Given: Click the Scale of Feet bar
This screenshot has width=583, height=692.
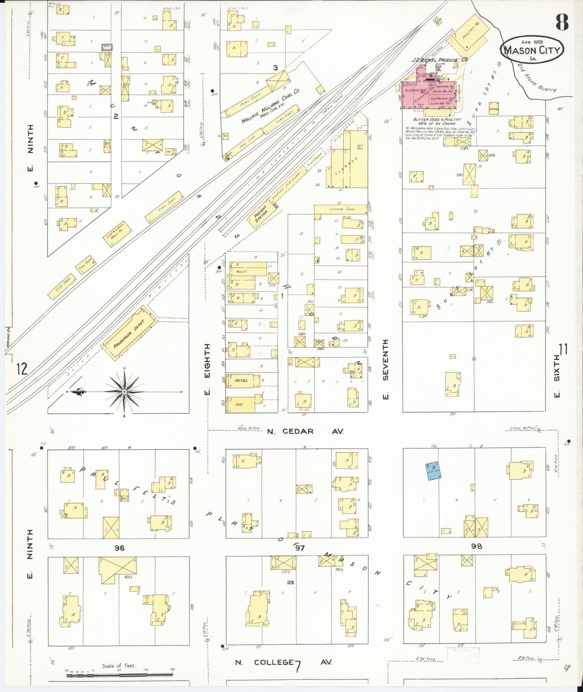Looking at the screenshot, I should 119,674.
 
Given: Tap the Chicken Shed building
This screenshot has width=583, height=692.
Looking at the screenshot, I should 341,209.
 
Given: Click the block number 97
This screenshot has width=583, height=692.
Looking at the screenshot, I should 299,547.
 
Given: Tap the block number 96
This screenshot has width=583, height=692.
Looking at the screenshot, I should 119,547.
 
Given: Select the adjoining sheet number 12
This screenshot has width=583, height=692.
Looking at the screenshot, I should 22,369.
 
